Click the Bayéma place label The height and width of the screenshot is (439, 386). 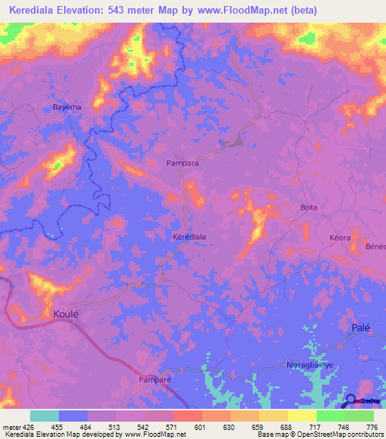[66, 107]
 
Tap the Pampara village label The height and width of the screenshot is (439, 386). [182, 162]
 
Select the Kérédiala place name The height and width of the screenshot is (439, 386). [189, 236]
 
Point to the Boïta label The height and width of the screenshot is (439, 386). [308, 207]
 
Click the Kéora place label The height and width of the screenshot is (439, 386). [340, 238]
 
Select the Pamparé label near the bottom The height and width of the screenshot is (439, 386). [155, 380]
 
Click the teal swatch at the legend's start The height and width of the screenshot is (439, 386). [44, 416]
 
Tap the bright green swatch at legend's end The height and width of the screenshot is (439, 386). [360, 416]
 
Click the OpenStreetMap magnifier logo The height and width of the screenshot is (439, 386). [349, 400]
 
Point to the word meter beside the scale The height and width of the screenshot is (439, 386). [11, 426]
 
